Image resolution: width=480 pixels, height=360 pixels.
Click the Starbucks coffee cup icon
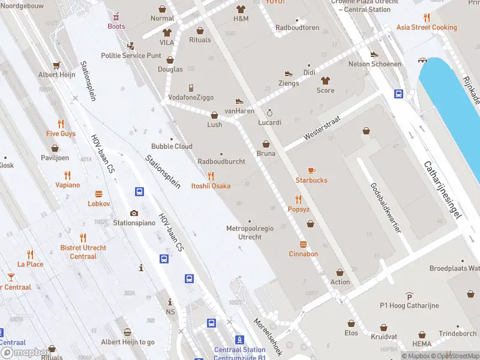(x=311, y=170)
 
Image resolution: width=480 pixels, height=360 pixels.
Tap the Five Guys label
(x=61, y=134)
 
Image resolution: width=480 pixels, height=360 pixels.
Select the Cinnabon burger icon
(x=303, y=244)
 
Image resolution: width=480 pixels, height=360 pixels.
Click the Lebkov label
(x=99, y=204)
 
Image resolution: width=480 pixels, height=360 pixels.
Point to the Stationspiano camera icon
(x=134, y=213)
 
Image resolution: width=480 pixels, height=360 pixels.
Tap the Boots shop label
(x=116, y=26)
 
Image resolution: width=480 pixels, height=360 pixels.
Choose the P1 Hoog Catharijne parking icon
(x=409, y=296)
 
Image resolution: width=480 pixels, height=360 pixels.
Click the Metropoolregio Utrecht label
(x=250, y=233)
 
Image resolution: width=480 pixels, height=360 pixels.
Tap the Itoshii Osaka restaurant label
(x=211, y=186)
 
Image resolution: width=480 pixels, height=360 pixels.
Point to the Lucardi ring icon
(x=269, y=113)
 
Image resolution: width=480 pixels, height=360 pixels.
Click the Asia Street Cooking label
(x=426, y=28)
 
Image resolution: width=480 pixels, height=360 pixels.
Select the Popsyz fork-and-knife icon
(x=298, y=200)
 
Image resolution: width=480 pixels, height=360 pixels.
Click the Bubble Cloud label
(x=172, y=146)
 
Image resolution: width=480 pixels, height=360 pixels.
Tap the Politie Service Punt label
(x=131, y=56)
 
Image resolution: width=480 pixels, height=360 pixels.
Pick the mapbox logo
(x=25, y=353)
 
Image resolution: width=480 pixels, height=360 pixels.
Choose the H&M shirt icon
(x=241, y=10)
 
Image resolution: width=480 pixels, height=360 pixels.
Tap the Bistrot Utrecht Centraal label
(x=83, y=252)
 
